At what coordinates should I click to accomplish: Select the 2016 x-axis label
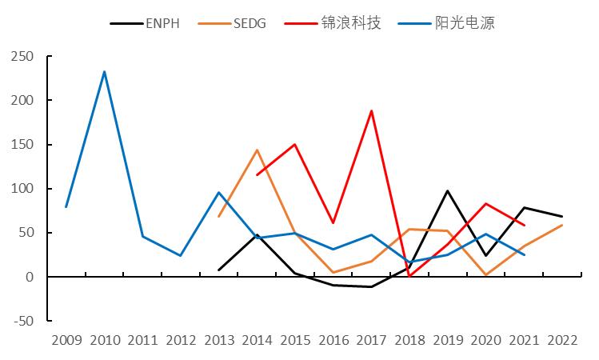pyautogui.click(x=333, y=341)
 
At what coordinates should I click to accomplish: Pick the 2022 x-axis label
pyautogui.click(x=563, y=341)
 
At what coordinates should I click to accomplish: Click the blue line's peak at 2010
pyautogui.click(x=104, y=71)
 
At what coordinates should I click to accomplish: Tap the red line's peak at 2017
pyautogui.click(x=372, y=110)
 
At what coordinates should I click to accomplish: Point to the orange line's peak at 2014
pyautogui.click(x=258, y=150)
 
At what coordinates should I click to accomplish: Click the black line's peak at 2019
pyautogui.click(x=448, y=190)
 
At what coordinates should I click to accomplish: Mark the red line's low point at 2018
pyautogui.click(x=410, y=276)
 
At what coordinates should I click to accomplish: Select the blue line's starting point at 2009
pyautogui.click(x=66, y=207)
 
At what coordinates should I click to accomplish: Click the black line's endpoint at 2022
pyautogui.click(x=563, y=217)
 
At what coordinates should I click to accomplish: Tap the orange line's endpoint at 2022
pyautogui.click(x=563, y=225)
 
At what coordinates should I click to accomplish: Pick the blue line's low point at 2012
pyautogui.click(x=181, y=256)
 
